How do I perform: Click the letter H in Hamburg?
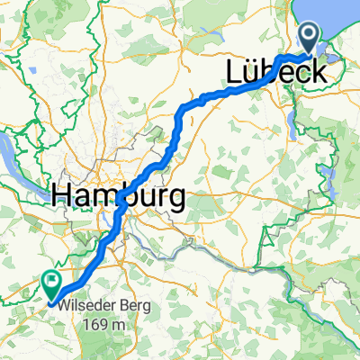(64, 194)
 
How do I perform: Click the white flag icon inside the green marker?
(50, 283)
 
